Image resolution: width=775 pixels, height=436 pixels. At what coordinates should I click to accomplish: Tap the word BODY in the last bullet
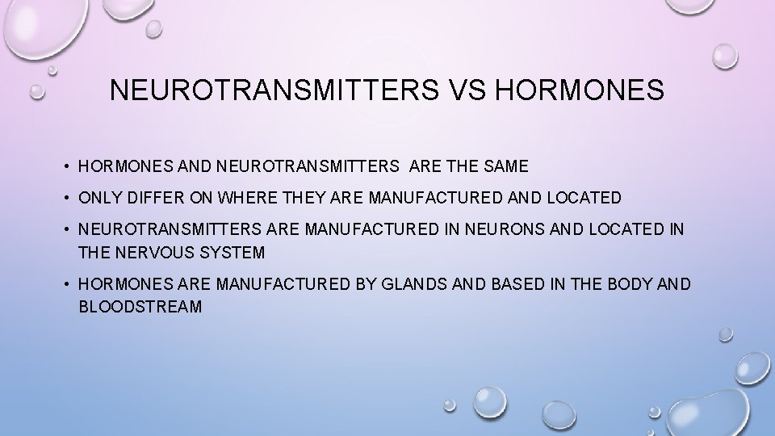pos(632,285)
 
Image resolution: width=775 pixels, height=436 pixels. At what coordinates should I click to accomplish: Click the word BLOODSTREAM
pos(140,308)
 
